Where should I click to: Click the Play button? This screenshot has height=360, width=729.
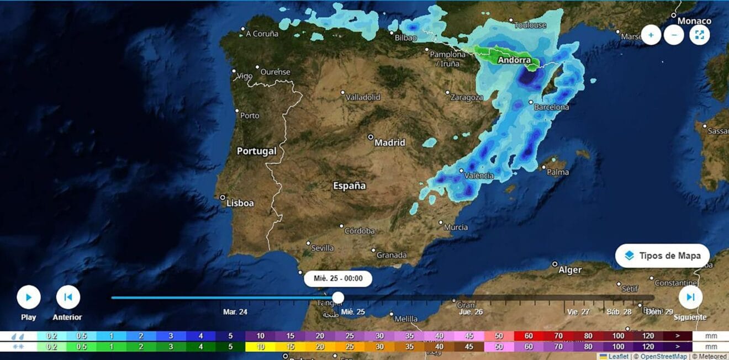click(28, 298)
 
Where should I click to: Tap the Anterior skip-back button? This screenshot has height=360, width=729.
click(68, 298)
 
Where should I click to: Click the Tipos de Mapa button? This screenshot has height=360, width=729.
click(663, 256)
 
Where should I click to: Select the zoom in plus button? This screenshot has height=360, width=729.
click(651, 35)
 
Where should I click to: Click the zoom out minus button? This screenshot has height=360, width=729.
click(674, 35)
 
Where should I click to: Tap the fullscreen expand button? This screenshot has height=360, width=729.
click(699, 35)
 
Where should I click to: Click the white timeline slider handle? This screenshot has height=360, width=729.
click(338, 298)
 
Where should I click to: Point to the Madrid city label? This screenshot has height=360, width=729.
click(390, 142)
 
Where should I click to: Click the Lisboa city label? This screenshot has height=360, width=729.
click(240, 203)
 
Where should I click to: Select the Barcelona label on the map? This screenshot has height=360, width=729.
click(551, 107)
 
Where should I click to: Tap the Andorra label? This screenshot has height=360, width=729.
click(514, 60)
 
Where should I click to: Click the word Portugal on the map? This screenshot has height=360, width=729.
click(256, 151)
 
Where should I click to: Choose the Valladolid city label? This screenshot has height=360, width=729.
click(363, 97)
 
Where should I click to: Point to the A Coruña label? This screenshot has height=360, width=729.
click(262, 34)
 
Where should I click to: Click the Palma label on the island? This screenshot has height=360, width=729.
click(557, 172)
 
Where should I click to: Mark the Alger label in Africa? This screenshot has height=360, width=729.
click(570, 270)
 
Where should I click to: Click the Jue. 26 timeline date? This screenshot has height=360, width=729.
click(471, 312)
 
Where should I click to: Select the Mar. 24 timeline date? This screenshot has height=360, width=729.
click(235, 312)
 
